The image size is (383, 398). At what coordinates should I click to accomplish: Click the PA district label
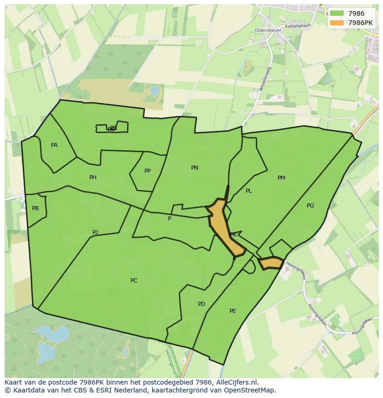point(54,145)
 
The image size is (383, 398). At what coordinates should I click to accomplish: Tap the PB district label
point(36,208)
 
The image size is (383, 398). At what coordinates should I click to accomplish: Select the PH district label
point(93,178)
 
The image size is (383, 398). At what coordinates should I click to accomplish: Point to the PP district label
point(148,171)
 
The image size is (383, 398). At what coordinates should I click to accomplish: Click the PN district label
point(195,168)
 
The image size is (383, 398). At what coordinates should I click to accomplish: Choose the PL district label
point(249,191)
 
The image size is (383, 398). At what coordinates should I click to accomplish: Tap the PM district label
point(281,178)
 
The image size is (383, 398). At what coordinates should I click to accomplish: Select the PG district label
point(310,206)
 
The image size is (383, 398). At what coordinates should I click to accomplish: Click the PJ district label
point(95,233)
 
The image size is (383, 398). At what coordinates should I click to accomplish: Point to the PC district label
point(134,281)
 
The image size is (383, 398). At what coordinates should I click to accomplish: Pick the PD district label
point(202,304)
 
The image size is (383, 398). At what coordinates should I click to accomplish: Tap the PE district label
point(233,311)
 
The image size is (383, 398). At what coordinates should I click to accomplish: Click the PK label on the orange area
point(233,235)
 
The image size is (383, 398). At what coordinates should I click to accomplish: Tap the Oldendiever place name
point(267,31)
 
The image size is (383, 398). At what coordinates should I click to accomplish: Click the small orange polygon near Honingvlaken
point(271,263)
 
